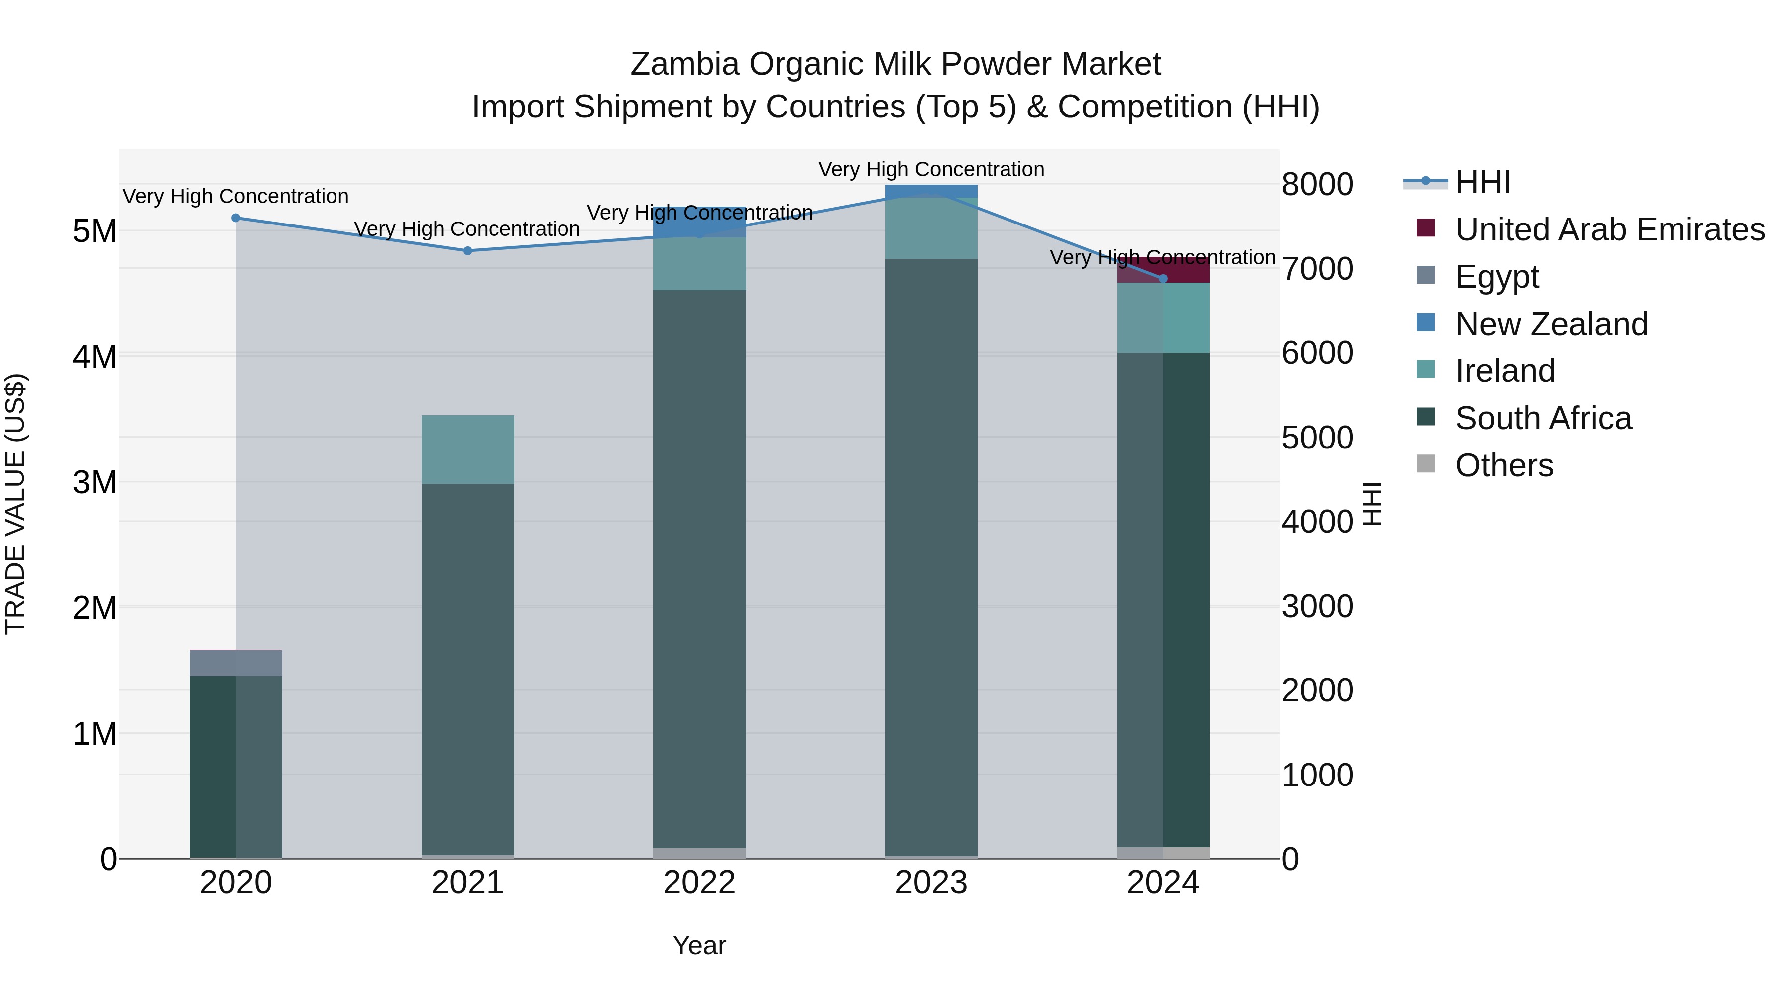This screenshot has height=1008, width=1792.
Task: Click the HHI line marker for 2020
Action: pos(236,218)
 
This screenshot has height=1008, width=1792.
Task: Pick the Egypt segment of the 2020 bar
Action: pos(236,663)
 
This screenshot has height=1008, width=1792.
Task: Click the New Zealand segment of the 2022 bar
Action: pos(699,221)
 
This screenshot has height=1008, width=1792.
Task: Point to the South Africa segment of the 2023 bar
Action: pos(931,557)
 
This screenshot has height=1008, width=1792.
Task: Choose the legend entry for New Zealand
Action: pos(1551,324)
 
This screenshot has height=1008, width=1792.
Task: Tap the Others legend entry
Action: pos(1504,465)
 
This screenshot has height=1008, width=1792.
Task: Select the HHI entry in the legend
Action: pos(1482,182)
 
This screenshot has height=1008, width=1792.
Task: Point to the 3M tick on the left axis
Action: pos(95,482)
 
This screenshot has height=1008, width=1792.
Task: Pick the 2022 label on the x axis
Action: pos(699,883)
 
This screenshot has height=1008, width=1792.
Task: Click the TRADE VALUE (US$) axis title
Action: pos(15,504)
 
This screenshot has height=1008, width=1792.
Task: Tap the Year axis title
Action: pos(699,945)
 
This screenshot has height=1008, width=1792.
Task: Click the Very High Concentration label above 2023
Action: pos(931,169)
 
